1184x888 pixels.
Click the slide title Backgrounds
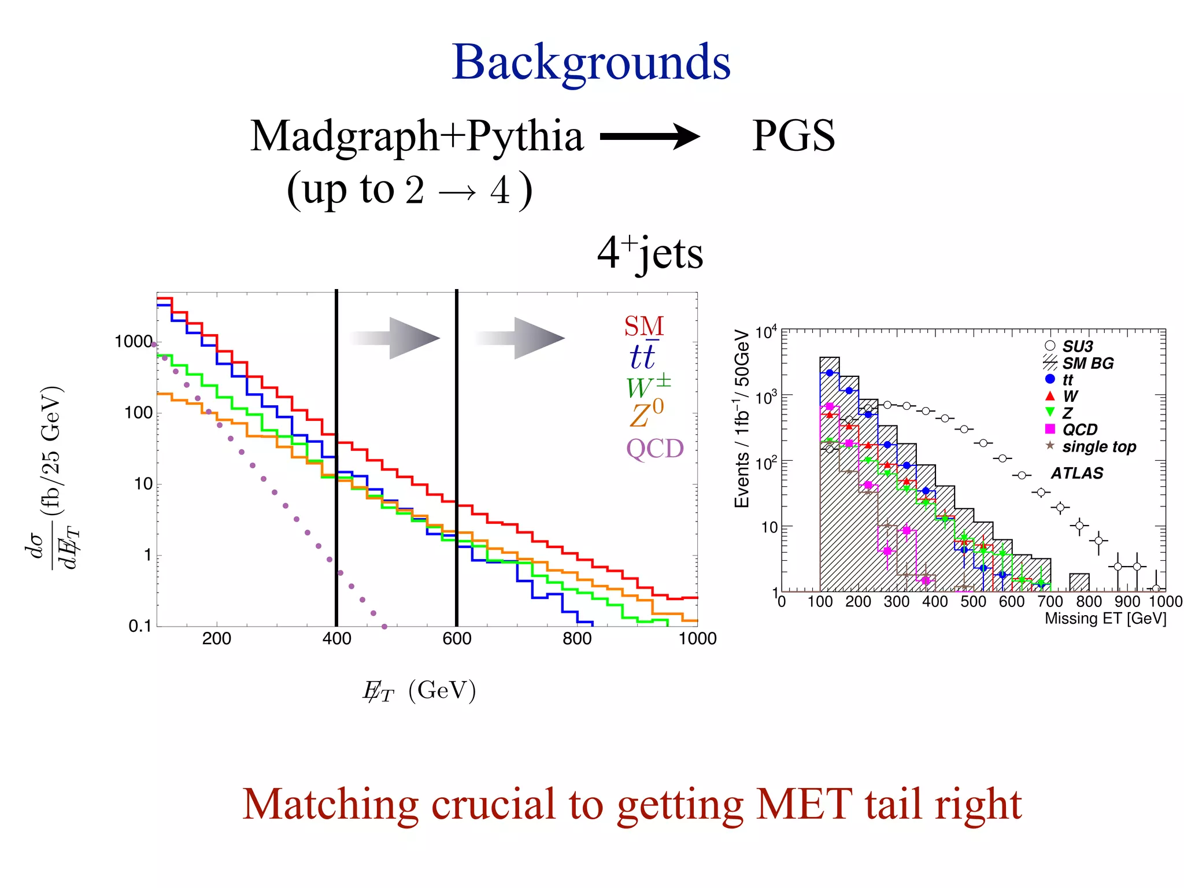(591, 62)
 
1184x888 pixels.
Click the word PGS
(793, 136)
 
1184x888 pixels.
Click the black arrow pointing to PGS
(650, 137)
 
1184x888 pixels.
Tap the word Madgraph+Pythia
(416, 136)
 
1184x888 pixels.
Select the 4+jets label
(650, 253)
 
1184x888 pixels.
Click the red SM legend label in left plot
(643, 327)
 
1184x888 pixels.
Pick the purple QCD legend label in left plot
(654, 449)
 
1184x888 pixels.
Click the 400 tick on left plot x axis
(336, 638)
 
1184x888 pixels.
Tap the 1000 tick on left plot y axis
(133, 342)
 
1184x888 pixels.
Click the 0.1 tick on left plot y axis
(139, 626)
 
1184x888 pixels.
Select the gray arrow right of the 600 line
(520, 338)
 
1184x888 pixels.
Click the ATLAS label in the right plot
(1076, 473)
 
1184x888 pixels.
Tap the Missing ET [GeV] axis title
(1105, 619)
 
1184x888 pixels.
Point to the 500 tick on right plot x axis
(973, 602)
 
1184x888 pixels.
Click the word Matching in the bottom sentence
(330, 805)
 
